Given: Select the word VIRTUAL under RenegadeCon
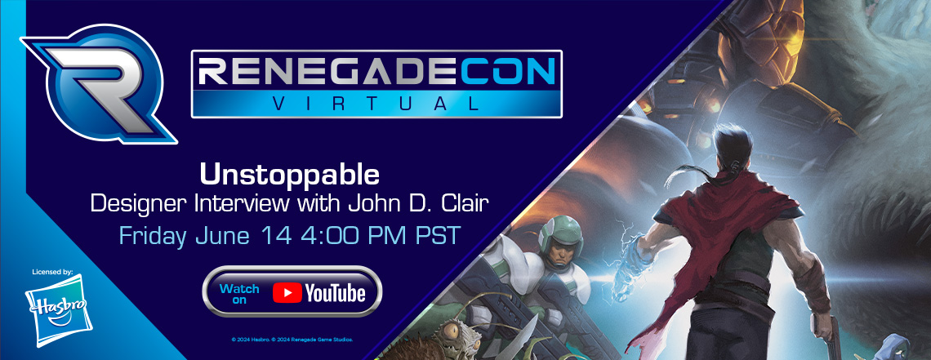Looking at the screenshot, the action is click(376, 104).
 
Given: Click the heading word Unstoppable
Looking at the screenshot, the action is click(289, 175).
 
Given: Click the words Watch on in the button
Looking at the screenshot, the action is click(239, 294).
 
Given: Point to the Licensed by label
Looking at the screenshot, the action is click(53, 272).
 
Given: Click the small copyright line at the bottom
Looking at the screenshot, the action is click(292, 340).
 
